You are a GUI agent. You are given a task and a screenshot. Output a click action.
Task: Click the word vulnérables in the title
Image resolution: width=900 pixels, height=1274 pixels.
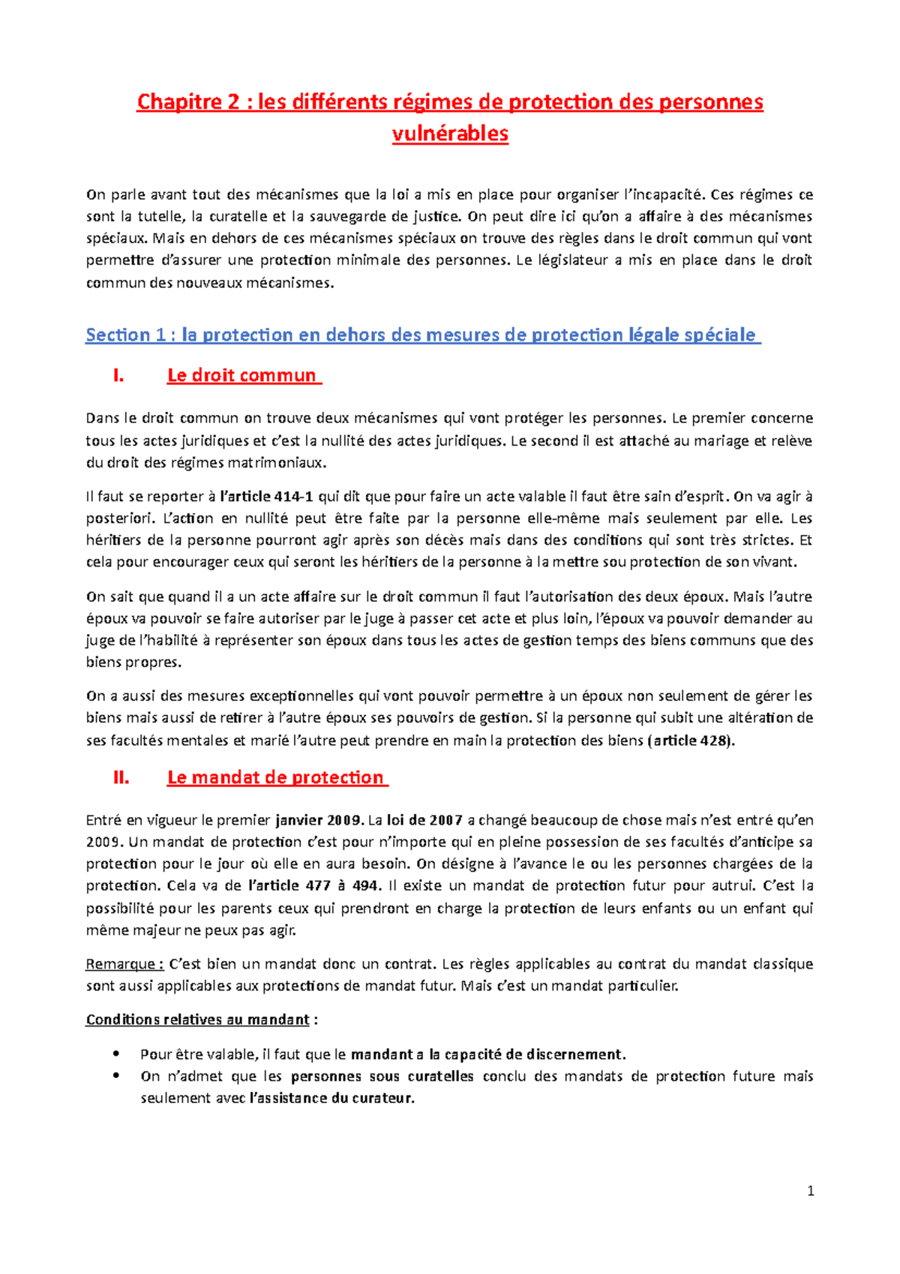pyautogui.click(x=450, y=134)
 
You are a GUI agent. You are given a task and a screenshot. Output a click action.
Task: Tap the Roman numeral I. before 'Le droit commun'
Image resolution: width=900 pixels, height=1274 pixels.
pyautogui.click(x=118, y=376)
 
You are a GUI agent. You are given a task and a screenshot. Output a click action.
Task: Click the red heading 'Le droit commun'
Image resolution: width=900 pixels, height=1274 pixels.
pyautogui.click(x=241, y=376)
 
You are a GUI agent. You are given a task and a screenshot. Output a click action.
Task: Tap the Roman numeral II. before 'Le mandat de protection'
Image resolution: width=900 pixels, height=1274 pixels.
pyautogui.click(x=121, y=778)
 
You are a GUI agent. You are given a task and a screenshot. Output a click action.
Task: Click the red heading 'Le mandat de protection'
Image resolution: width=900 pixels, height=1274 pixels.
pyautogui.click(x=275, y=778)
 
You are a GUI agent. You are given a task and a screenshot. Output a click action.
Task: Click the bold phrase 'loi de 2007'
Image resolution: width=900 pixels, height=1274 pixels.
pyautogui.click(x=424, y=820)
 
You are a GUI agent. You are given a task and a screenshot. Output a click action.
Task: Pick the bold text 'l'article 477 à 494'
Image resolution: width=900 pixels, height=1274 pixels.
pyautogui.click(x=314, y=886)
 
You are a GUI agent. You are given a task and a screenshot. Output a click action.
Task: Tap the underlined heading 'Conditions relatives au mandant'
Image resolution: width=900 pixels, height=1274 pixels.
pyautogui.click(x=197, y=1020)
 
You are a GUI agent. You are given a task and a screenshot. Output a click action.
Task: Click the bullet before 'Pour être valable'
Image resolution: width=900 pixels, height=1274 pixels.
pyautogui.click(x=115, y=1053)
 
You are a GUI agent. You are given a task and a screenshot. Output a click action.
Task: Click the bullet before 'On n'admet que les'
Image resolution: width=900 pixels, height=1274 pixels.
pyautogui.click(x=115, y=1075)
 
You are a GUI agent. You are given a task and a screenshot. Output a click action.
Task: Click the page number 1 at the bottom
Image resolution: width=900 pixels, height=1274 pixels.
pyautogui.click(x=810, y=1191)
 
